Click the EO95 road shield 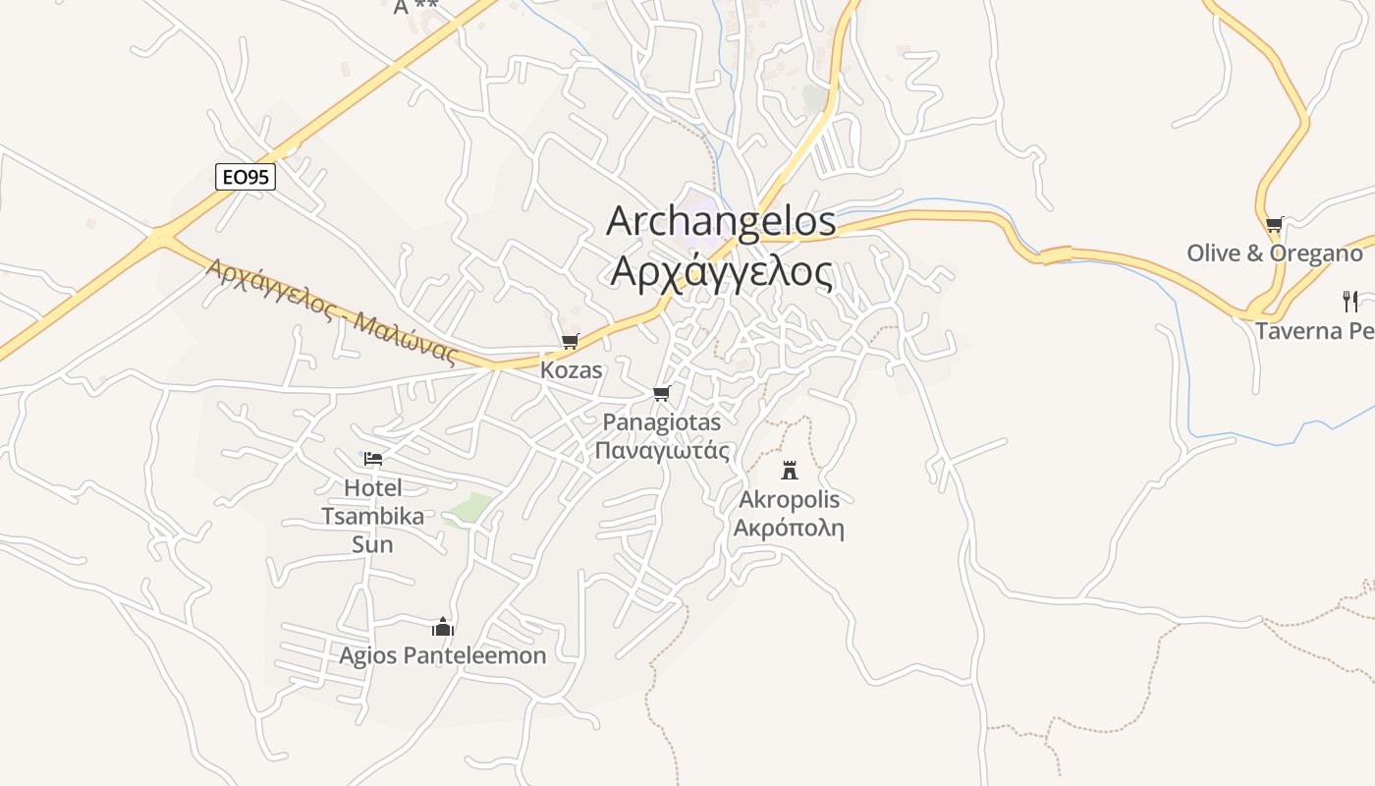[x=246, y=177]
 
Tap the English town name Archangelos [x=721, y=221]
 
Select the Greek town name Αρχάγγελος [x=721, y=270]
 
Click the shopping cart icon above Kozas [x=570, y=342]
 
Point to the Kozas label [x=571, y=370]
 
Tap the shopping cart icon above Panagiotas [x=661, y=394]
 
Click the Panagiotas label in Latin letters [x=661, y=422]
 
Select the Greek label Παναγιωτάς [x=661, y=451]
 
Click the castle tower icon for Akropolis [x=790, y=470]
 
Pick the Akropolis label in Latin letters [x=790, y=499]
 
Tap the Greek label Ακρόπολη [x=790, y=528]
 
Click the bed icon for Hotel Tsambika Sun [x=373, y=458]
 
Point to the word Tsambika [x=373, y=516]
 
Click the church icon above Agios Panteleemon [x=443, y=627]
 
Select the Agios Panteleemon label [x=443, y=655]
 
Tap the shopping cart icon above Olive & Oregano [x=1274, y=224]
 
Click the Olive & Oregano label [x=1274, y=253]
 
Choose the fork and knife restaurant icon [x=1350, y=301]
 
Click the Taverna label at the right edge [x=1314, y=330]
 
